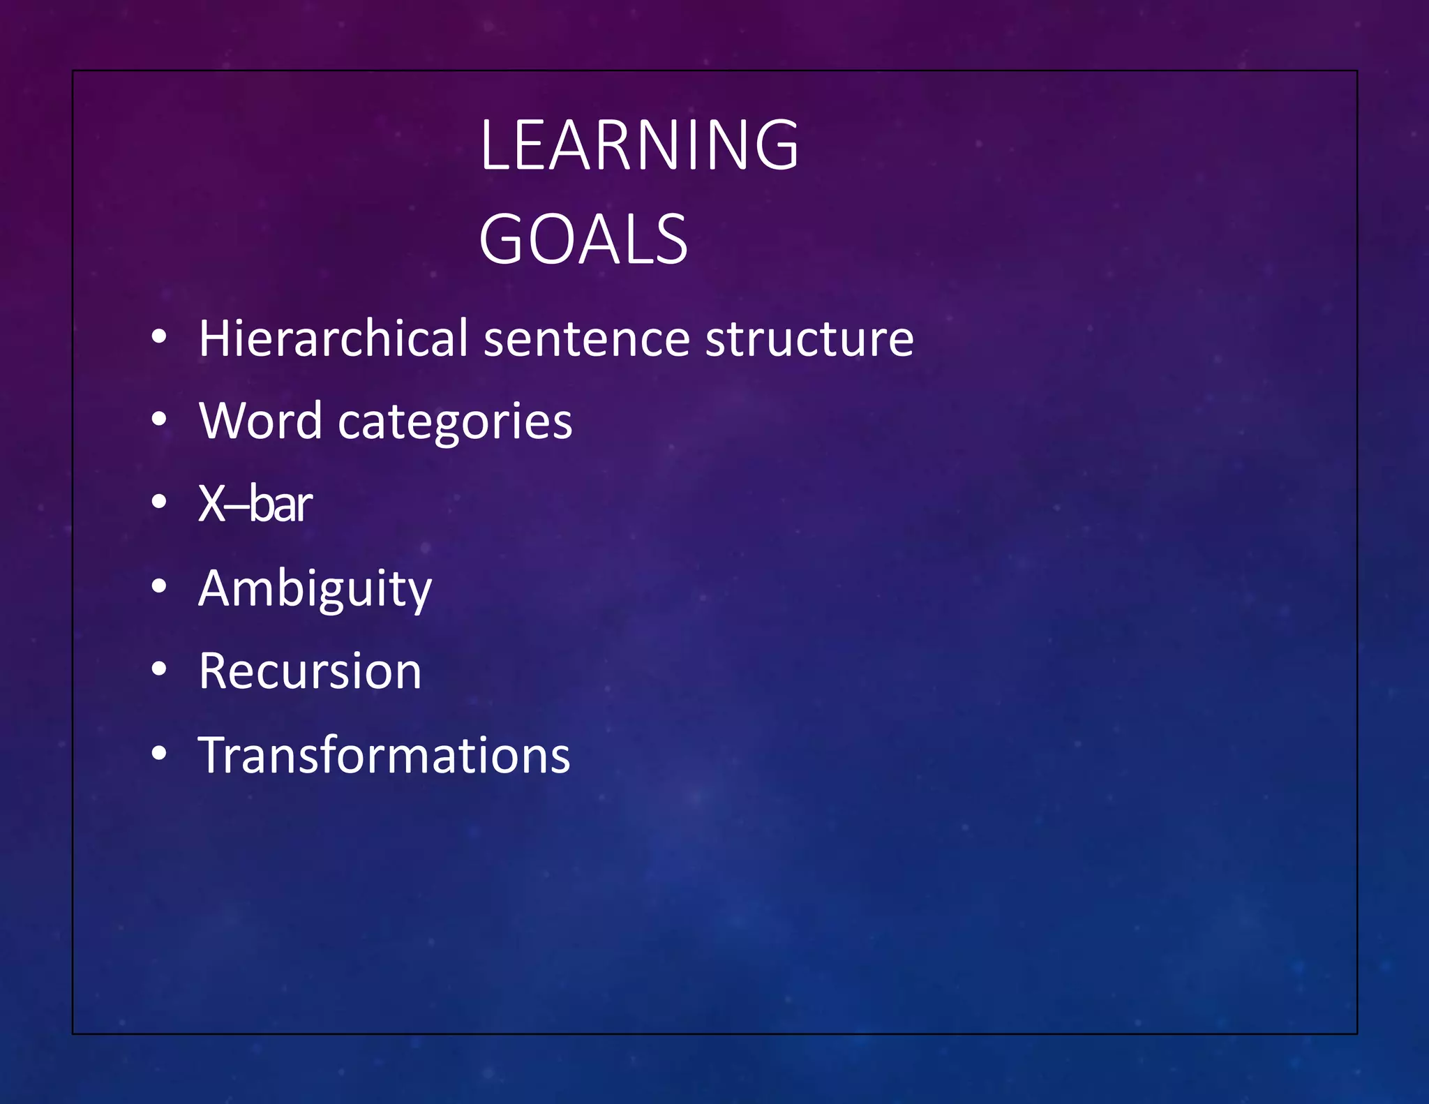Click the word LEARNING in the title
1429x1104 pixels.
pos(638,144)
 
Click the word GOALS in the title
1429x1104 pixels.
pos(583,240)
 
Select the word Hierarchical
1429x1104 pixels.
pos(333,338)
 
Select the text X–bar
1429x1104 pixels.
pos(255,503)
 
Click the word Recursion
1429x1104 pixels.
pos(310,671)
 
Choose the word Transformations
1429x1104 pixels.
pos(384,755)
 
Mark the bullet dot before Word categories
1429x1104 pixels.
pos(159,419)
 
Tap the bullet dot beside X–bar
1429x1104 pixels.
pos(159,502)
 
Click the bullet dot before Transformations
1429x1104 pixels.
pos(159,753)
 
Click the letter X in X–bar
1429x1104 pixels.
pos(211,503)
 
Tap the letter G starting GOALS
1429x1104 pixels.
pos(502,240)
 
